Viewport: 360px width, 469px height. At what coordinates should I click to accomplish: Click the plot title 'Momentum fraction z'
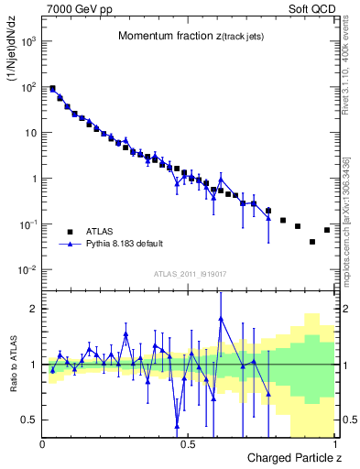coord(180,36)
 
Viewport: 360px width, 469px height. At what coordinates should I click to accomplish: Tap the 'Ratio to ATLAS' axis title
coord(12,364)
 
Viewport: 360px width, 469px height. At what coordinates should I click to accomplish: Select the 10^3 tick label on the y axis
coord(26,41)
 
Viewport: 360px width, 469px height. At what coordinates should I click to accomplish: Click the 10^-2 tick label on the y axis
coord(26,269)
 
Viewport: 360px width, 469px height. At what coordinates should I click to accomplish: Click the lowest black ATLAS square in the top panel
coord(312,242)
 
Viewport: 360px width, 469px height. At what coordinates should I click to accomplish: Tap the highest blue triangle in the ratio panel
coord(221,318)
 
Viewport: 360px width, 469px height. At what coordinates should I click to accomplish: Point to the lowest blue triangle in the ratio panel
coord(177,424)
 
